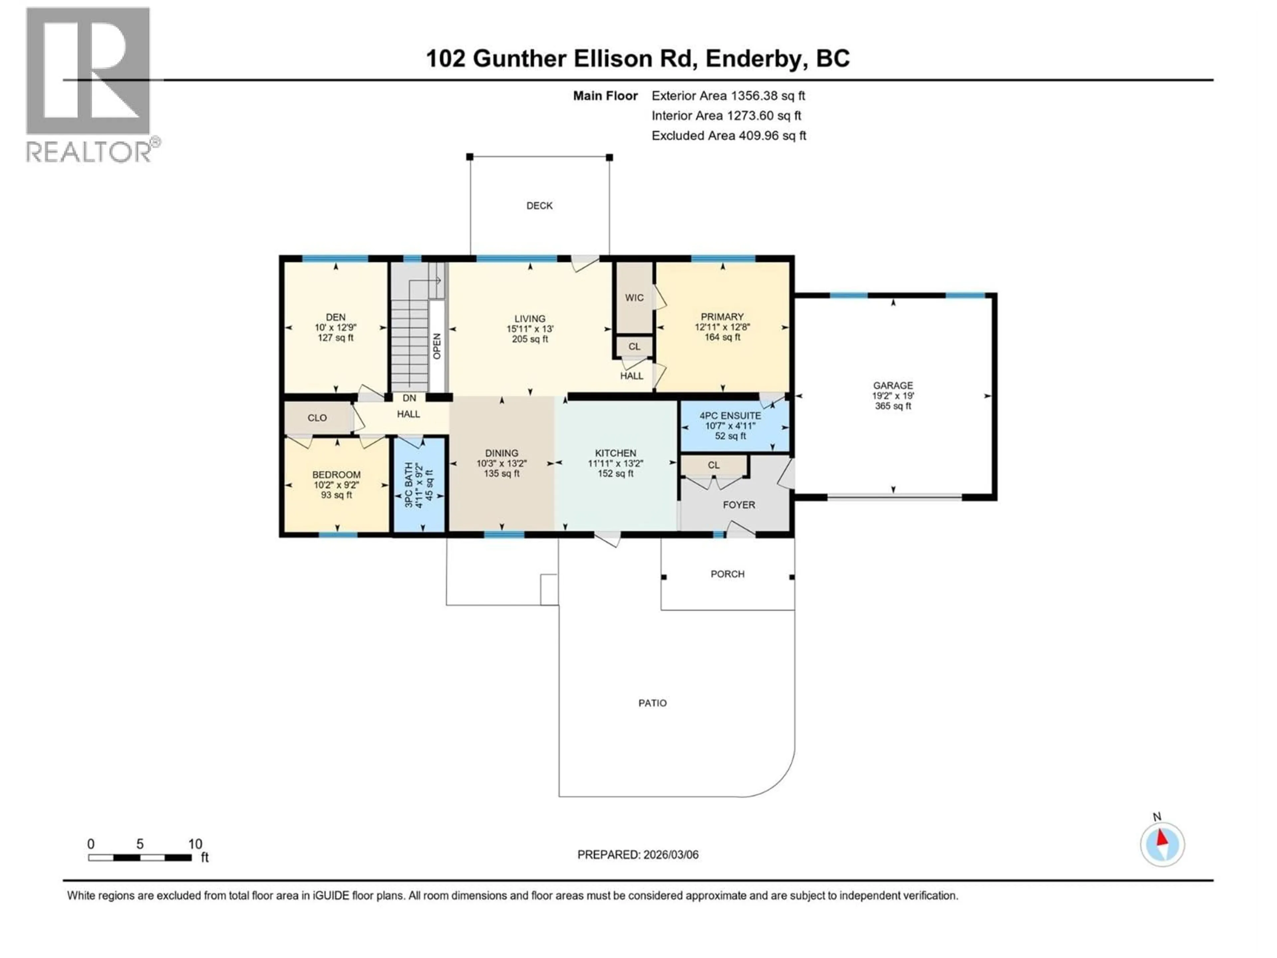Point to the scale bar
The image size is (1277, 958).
(140, 858)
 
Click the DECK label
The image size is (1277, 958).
(539, 206)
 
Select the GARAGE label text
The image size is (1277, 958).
(893, 385)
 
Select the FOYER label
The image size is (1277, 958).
(738, 505)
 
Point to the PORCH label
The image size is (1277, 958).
(727, 574)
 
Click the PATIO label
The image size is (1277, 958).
(652, 703)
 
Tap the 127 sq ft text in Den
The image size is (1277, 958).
(336, 338)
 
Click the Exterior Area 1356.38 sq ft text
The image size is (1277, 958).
(728, 96)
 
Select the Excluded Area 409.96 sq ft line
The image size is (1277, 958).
(729, 136)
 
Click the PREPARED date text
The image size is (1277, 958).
(638, 855)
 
